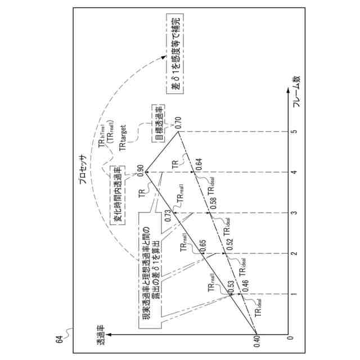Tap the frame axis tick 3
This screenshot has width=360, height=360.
click(x=291, y=213)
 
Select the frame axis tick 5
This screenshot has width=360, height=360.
click(x=291, y=131)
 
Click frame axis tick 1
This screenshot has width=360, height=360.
click(x=291, y=294)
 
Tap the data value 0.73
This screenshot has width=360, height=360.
click(x=167, y=214)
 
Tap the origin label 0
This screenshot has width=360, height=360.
click(x=291, y=337)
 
